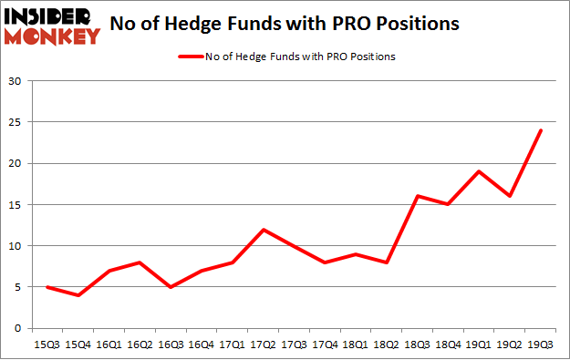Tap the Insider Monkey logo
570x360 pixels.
coord(51,25)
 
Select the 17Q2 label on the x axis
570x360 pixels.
coord(264,345)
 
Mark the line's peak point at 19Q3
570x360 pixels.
coord(542,130)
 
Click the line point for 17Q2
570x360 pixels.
coord(264,229)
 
